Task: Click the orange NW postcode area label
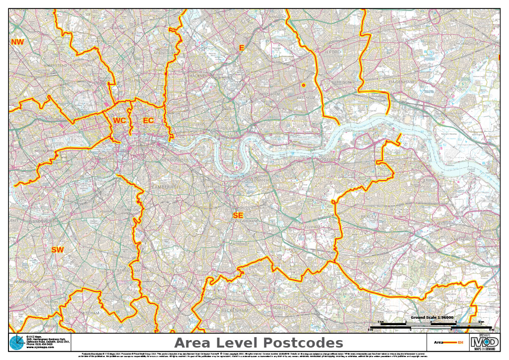tap(17, 42)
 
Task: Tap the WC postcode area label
tap(119, 120)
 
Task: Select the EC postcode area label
tap(149, 120)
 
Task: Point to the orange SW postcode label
tap(58, 250)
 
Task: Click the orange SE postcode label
tap(238, 215)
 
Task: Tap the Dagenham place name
tap(402, 81)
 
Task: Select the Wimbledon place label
tap(26, 281)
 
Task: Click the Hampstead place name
tap(55, 65)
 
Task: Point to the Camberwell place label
tap(170, 186)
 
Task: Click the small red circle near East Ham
tap(303, 85)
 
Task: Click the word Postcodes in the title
tap(303, 343)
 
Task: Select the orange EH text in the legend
tap(460, 342)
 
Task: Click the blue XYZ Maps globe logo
tap(16, 342)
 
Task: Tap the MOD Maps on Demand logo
tap(484, 343)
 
